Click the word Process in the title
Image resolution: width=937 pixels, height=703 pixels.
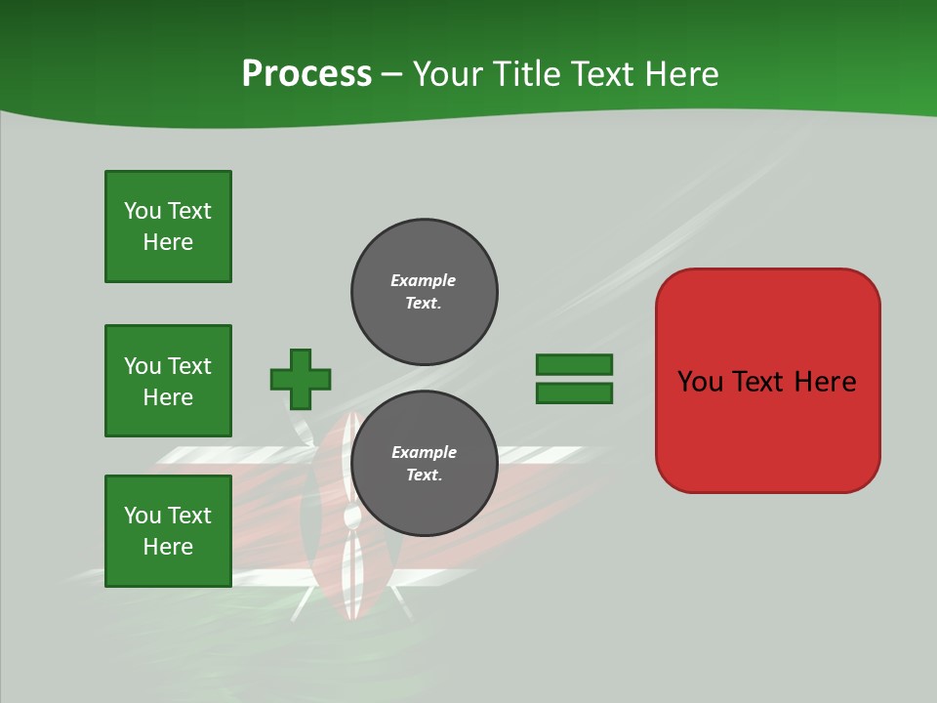tap(306, 74)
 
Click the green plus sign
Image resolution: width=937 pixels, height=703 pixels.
tap(301, 379)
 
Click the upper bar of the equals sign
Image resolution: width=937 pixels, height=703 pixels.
tap(574, 364)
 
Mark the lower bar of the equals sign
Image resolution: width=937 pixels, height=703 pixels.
tap(574, 393)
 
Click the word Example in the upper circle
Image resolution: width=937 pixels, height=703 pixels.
tap(424, 280)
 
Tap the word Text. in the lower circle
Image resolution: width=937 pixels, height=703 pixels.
tap(424, 475)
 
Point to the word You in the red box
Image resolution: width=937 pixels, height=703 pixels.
tap(701, 382)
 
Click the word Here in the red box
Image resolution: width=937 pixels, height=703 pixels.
tap(825, 382)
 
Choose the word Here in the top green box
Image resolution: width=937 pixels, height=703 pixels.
tap(168, 242)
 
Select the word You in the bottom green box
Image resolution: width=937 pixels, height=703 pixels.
tap(143, 515)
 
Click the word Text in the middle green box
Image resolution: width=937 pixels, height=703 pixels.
tap(189, 365)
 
